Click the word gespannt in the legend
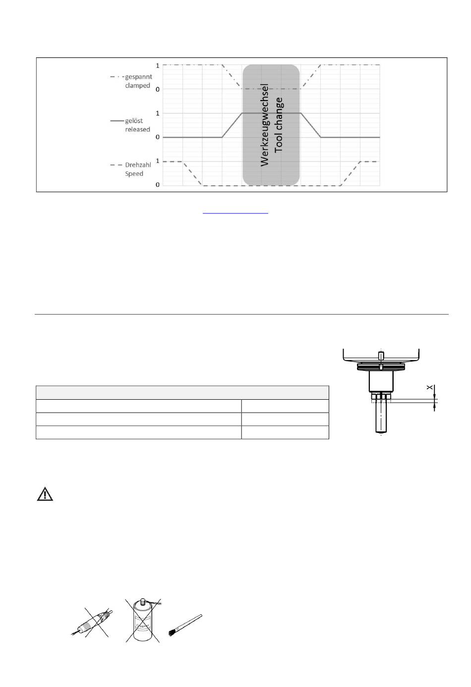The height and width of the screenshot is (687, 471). pyautogui.click(x=138, y=77)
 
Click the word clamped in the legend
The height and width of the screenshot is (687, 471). pyautogui.click(x=137, y=86)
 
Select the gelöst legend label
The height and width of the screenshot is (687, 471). pyautogui.click(x=134, y=120)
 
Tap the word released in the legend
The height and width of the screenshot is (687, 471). pyautogui.click(x=137, y=129)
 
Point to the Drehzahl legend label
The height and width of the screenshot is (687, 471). pyautogui.click(x=138, y=165)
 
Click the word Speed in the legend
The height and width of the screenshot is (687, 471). pyautogui.click(x=134, y=173)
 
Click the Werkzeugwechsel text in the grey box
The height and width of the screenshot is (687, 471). pyautogui.click(x=264, y=125)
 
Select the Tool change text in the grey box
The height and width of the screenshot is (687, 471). pyautogui.click(x=279, y=125)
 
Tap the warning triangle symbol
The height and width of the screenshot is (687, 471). pyautogui.click(x=45, y=494)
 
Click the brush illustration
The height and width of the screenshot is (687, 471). pyautogui.click(x=185, y=625)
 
